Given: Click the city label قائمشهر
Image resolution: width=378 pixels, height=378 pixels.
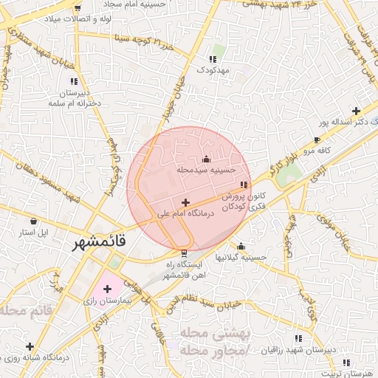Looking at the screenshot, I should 99,242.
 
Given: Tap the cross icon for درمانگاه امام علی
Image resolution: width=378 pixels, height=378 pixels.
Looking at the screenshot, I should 185,202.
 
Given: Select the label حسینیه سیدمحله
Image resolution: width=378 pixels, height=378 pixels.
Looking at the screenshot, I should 205,169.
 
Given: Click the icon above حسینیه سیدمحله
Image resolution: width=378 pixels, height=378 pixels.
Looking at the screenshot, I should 205,159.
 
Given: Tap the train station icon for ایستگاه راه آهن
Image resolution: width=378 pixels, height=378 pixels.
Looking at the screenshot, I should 185,252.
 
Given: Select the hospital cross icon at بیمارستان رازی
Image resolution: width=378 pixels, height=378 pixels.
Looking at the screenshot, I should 108,288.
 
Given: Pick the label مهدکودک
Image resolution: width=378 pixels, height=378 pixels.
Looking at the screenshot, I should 214,69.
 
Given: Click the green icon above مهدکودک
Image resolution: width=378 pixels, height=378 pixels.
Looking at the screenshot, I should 214,58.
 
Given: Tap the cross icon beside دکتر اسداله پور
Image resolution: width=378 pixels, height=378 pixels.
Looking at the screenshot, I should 356,110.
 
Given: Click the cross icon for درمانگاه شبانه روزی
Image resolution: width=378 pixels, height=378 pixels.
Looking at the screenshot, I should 30,346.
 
